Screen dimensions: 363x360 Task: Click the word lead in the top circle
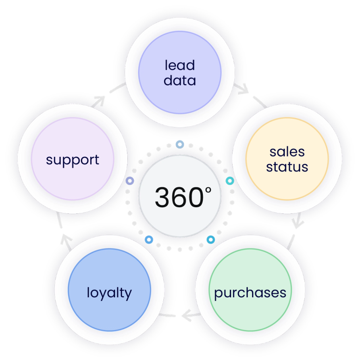coord(180,65)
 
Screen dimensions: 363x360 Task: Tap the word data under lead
coord(180,80)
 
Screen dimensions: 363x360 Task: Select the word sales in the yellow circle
coord(287,152)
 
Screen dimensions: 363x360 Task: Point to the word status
coord(287,167)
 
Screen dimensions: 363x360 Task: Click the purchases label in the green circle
coord(250,293)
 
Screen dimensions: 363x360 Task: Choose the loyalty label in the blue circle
coord(109,293)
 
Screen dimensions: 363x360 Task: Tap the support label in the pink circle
coord(73,160)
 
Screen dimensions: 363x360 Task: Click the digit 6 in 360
coord(179,198)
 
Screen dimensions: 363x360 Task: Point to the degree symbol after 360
coord(208,190)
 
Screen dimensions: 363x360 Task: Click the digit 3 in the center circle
coord(163,198)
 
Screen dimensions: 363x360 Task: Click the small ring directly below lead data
coord(180,144)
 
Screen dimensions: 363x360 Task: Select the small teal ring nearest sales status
coord(230,181)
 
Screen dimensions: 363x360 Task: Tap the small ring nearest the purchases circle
coord(210,240)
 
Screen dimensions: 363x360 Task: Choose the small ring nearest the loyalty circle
coord(149,240)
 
